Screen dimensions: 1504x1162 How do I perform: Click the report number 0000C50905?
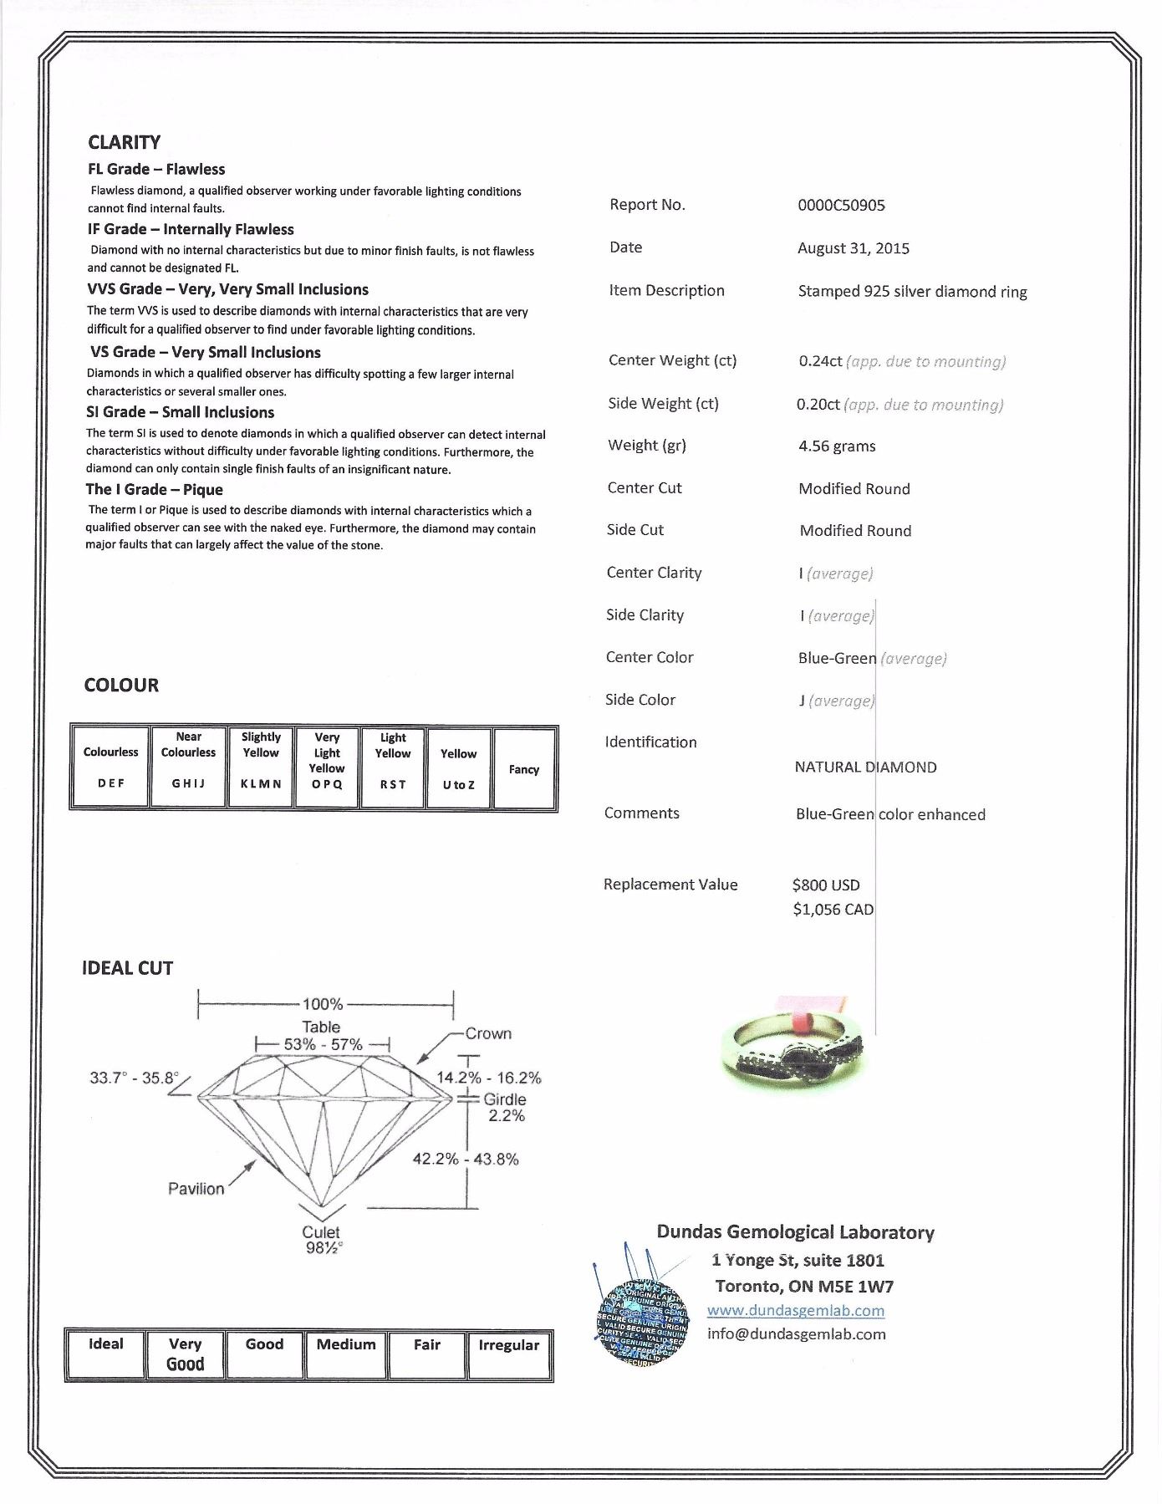click(x=841, y=206)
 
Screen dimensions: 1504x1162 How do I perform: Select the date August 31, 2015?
click(x=853, y=248)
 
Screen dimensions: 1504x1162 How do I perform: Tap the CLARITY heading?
click(x=124, y=142)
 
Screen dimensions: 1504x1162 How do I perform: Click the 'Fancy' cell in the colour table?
click(x=524, y=769)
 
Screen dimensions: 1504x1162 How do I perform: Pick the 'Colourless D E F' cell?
click(x=110, y=767)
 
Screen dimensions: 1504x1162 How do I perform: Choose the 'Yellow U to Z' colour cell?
click(x=458, y=768)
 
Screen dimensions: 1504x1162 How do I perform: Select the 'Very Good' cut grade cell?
click(x=185, y=1354)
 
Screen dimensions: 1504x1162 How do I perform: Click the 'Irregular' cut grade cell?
click(x=508, y=1354)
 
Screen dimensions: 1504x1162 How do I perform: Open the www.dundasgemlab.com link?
click(x=795, y=1310)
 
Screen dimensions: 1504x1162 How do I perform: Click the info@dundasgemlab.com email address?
click(x=796, y=1334)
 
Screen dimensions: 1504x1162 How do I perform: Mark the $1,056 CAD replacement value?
click(x=833, y=910)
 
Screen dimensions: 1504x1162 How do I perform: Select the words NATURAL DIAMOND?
click(x=865, y=767)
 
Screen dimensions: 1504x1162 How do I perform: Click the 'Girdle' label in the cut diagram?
click(x=504, y=1099)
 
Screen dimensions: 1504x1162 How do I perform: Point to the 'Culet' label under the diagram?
click(x=321, y=1232)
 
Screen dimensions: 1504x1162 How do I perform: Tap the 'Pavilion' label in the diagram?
click(x=196, y=1189)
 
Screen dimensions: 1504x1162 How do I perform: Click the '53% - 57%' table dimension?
click(x=323, y=1045)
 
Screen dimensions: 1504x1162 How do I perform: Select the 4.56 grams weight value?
click(x=837, y=446)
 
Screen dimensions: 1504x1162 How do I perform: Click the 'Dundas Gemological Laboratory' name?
click(x=795, y=1232)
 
